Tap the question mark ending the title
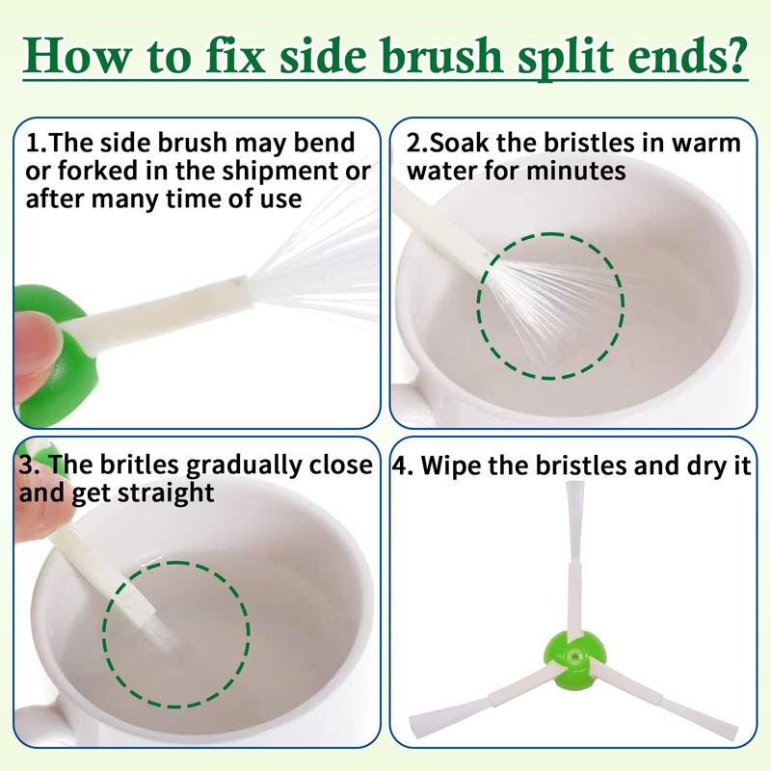click(735, 55)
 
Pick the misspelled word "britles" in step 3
click(139, 465)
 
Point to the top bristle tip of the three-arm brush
click(574, 485)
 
